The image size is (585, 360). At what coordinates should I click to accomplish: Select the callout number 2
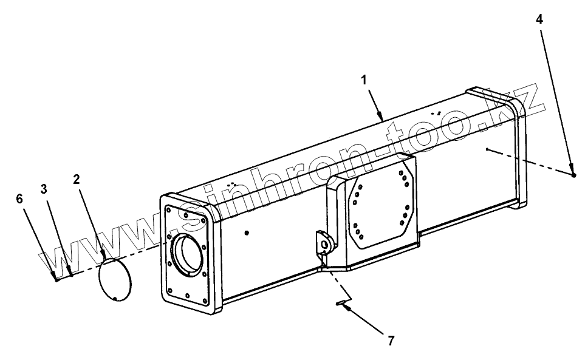pos(76,179)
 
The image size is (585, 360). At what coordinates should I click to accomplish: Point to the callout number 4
pos(539,19)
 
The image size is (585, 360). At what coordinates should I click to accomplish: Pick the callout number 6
pos(19,199)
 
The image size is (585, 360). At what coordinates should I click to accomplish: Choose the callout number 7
pos(390,341)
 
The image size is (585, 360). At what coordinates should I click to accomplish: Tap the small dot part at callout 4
pos(573,175)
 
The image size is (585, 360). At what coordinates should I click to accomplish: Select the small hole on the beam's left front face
pos(245,232)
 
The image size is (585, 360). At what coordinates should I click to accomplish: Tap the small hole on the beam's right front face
pos(487,148)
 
